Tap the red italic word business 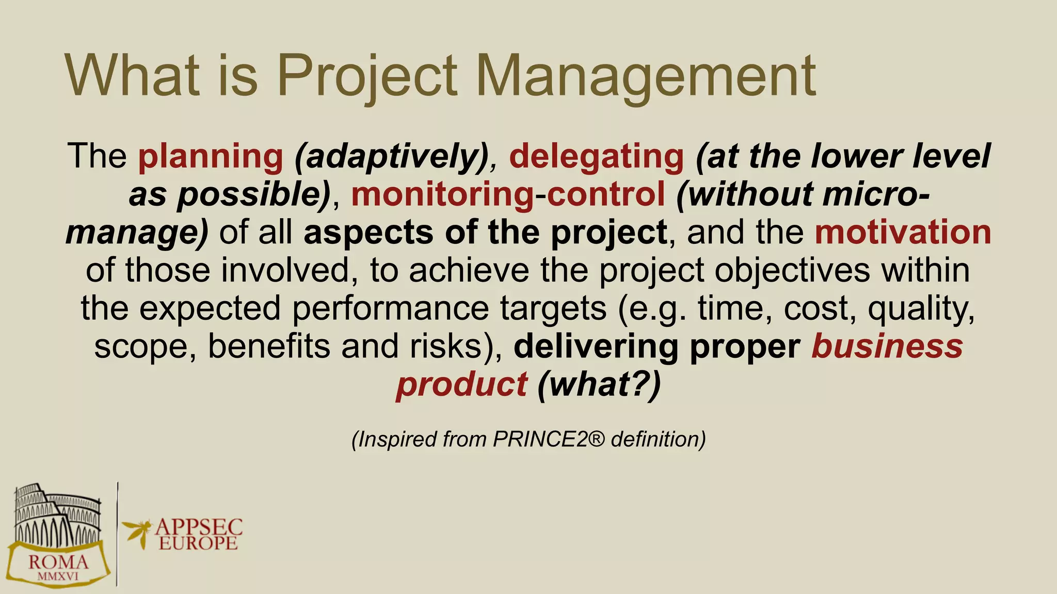(887, 346)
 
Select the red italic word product (461, 384)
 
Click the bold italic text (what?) (599, 384)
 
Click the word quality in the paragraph (921, 308)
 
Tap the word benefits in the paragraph (268, 346)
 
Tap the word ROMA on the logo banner (58, 562)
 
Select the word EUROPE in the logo (198, 543)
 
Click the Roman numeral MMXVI (58, 576)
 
